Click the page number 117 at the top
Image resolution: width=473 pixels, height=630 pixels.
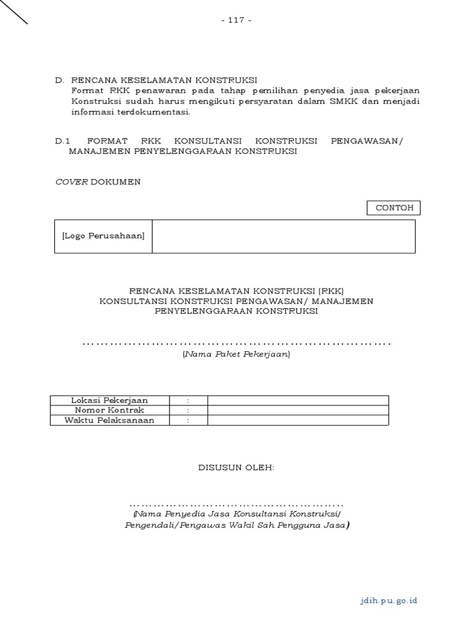(x=236, y=20)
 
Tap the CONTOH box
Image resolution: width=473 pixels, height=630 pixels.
(x=394, y=208)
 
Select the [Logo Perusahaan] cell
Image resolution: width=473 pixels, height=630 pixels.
(x=103, y=236)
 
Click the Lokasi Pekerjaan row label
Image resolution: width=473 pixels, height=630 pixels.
(x=110, y=401)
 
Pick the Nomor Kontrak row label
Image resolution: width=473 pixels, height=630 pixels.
(x=110, y=410)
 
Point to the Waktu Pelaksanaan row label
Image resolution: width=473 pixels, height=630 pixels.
(x=110, y=420)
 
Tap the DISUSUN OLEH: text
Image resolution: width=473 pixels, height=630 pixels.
(x=236, y=468)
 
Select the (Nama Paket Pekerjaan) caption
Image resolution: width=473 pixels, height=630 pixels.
(x=236, y=354)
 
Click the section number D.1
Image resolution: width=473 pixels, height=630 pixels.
(x=62, y=141)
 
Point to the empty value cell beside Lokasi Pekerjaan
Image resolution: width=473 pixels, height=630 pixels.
(x=298, y=401)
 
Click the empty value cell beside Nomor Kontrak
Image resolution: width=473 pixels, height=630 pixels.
(x=298, y=410)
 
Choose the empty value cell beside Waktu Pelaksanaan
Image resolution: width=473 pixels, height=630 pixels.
(x=298, y=420)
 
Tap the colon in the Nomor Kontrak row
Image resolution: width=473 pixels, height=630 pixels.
(x=188, y=410)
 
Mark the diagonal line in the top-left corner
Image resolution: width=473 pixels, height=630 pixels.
(x=14, y=12)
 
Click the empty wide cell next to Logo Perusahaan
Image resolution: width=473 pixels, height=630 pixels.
(x=283, y=236)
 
